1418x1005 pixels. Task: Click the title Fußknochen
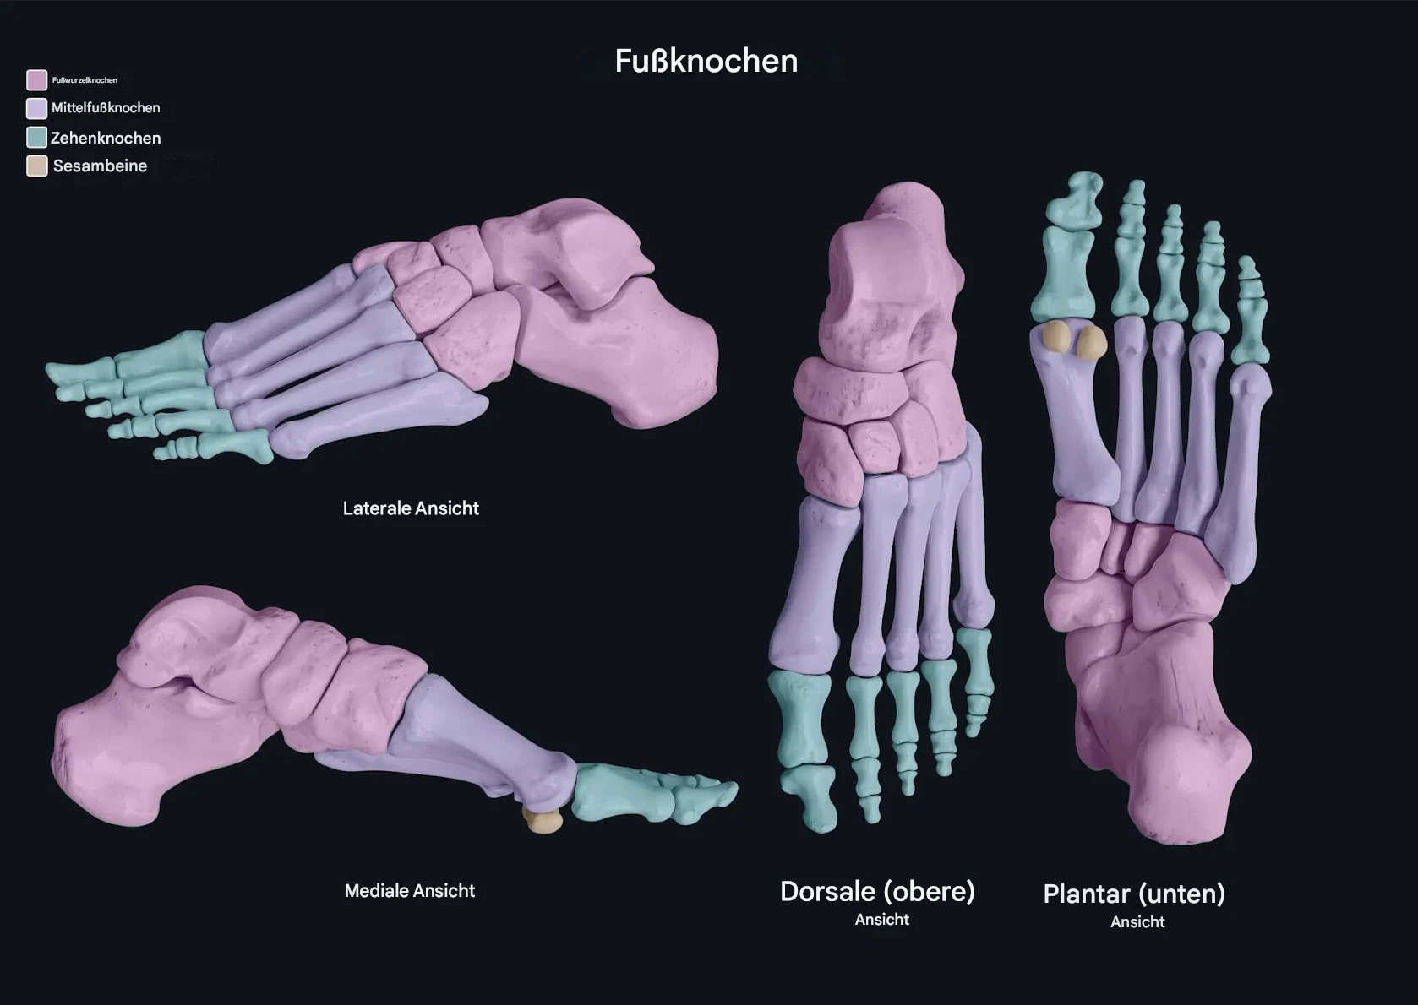click(706, 62)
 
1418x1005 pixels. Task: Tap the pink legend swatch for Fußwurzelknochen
click(36, 80)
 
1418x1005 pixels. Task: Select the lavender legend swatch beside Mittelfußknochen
click(36, 108)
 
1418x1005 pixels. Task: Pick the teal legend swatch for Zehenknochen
click(36, 138)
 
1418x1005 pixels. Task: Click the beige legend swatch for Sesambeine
click(36, 166)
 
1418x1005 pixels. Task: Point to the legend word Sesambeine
click(100, 166)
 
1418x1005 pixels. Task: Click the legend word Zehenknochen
click(106, 138)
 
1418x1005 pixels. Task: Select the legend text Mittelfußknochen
click(106, 108)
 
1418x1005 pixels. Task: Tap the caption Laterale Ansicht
click(411, 508)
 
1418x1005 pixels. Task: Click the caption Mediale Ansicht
click(410, 890)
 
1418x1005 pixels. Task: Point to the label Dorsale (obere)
click(877, 891)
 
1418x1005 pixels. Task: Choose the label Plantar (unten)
click(1134, 894)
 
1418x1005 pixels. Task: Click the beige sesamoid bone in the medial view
click(543, 820)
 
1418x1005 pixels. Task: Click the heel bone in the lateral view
click(627, 354)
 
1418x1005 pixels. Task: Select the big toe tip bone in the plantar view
click(1074, 199)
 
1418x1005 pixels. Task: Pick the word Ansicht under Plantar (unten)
click(1137, 922)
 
